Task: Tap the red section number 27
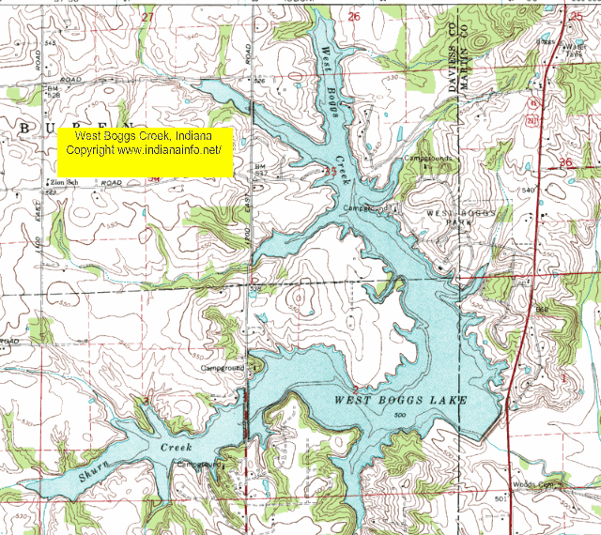pos(146,17)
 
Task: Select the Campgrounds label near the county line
pos(427,159)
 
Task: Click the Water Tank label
pos(572,50)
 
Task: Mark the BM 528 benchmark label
pos(54,92)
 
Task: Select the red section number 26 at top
pos(354,17)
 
